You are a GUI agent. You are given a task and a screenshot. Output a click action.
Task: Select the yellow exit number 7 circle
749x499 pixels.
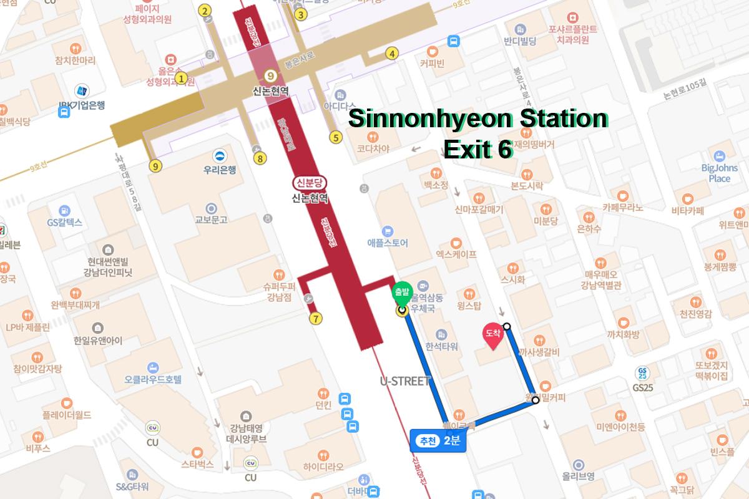(316, 319)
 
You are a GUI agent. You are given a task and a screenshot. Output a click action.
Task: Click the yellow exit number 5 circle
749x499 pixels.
(336, 138)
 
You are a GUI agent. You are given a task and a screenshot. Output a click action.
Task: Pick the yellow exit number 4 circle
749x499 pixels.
(392, 53)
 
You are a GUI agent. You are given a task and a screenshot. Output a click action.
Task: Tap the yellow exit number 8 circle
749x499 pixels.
(260, 158)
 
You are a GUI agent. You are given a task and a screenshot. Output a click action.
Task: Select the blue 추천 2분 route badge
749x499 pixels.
(439, 440)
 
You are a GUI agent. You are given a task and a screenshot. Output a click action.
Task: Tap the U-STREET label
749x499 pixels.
(405, 380)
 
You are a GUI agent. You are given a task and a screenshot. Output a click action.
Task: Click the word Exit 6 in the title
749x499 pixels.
(477, 148)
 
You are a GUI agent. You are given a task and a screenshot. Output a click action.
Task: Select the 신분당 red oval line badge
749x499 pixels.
(310, 183)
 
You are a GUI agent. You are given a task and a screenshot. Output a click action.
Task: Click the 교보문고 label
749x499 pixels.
(211, 220)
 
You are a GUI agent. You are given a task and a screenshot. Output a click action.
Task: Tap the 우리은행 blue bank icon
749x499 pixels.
(219, 155)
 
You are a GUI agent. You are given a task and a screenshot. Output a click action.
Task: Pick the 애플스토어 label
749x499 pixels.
(388, 243)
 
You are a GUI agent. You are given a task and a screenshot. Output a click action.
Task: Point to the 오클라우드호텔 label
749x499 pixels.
(153, 378)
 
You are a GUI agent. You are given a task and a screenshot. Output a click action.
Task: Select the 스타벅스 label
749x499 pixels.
(197, 464)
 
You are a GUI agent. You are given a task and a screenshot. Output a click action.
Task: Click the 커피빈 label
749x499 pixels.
(431, 63)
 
